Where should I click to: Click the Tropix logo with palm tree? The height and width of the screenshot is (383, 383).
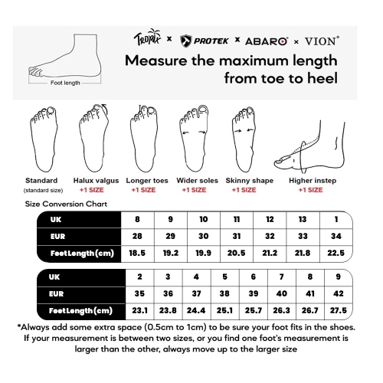(147, 38)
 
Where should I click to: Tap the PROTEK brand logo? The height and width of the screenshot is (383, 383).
(204, 41)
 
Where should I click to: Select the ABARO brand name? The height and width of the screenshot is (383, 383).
(267, 41)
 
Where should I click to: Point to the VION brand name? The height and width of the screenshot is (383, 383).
(322, 41)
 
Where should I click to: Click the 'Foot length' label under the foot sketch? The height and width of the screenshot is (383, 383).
(65, 83)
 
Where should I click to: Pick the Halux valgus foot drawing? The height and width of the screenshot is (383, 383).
(93, 138)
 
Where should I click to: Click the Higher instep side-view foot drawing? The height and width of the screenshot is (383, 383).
(309, 147)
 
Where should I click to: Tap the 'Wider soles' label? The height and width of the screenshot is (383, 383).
(197, 181)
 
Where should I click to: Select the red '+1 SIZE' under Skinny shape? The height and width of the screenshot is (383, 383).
(244, 190)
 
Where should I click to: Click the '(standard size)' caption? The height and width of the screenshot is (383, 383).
(43, 190)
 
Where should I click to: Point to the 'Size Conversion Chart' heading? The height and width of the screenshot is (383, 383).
(66, 204)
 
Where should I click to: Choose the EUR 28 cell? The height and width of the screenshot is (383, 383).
(137, 236)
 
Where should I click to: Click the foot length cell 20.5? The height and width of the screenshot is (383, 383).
(237, 253)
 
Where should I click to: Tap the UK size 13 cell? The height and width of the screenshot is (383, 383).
(303, 219)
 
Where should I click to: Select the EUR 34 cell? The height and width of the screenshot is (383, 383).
(336, 236)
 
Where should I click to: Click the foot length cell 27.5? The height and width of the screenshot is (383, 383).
(339, 310)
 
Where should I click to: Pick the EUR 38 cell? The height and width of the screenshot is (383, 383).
(224, 293)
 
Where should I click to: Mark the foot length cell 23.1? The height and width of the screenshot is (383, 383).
(139, 310)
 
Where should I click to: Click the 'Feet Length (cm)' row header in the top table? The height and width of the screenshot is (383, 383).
(82, 254)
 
